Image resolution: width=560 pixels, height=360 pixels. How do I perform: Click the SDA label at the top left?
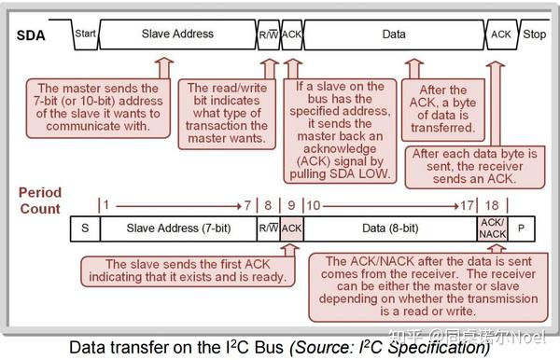34,34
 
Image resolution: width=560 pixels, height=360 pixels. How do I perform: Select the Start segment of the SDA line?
85,34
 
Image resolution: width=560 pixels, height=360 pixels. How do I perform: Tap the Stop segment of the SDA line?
534,34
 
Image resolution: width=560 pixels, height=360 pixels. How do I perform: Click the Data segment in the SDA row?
394,34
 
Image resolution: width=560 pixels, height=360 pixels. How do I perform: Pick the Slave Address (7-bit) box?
177,228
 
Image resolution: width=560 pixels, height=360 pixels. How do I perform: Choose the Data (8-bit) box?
390,228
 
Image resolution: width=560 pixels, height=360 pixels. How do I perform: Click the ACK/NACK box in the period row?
492,228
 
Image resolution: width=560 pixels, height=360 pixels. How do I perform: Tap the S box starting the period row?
85,228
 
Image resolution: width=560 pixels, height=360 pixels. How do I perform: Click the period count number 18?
492,203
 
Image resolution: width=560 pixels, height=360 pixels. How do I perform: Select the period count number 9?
291,203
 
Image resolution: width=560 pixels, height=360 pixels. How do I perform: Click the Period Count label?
39,201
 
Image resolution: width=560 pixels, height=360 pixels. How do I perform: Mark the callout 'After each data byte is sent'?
472,165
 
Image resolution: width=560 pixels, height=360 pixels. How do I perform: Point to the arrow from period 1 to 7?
177,203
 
